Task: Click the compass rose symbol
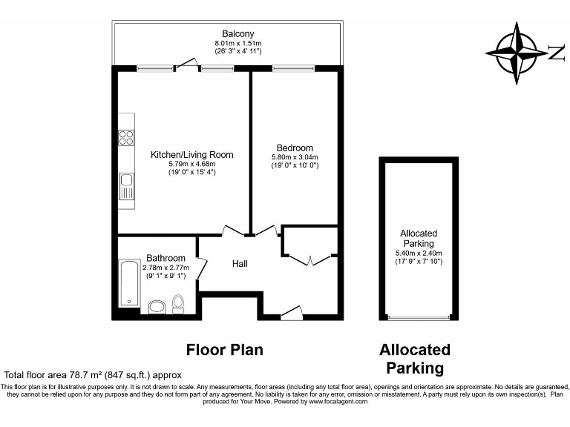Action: click(518, 52)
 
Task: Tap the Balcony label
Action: click(237, 34)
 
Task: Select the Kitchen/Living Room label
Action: click(191, 155)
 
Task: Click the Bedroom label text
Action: click(295, 148)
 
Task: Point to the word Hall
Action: click(240, 264)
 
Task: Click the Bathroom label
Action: click(166, 258)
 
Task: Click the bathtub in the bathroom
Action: click(131, 284)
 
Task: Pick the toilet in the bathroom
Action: click(178, 302)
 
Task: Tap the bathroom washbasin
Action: click(157, 307)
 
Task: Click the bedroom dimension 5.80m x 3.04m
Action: click(295, 157)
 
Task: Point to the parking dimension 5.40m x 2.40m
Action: click(418, 252)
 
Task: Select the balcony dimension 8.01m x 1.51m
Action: click(237, 44)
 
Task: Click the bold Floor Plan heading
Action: click(225, 349)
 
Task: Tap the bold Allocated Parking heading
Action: click(415, 358)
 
